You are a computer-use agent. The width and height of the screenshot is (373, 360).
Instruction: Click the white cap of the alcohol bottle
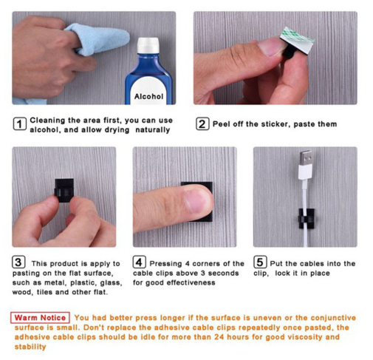(x=148, y=45)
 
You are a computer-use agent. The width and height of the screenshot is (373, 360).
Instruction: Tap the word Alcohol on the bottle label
(x=148, y=96)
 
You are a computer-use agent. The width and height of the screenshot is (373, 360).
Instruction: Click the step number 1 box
(x=19, y=123)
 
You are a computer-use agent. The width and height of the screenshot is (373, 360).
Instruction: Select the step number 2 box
(x=202, y=123)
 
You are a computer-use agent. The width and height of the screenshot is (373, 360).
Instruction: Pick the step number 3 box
(x=18, y=262)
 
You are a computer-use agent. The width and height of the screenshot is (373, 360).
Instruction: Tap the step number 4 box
(x=139, y=262)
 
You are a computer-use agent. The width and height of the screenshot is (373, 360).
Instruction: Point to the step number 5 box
(x=260, y=262)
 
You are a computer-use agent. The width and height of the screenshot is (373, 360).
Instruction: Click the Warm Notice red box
(x=40, y=318)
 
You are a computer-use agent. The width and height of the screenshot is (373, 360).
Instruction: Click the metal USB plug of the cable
(x=306, y=158)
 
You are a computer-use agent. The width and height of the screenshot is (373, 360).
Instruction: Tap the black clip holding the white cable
(x=307, y=218)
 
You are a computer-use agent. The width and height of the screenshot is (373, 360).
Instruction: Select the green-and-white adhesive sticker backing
(x=298, y=37)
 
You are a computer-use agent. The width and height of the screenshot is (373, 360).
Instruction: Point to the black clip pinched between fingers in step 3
(x=64, y=190)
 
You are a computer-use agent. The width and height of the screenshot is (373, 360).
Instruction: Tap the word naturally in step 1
(x=153, y=130)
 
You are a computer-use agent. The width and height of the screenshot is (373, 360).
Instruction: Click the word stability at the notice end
(x=30, y=347)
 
